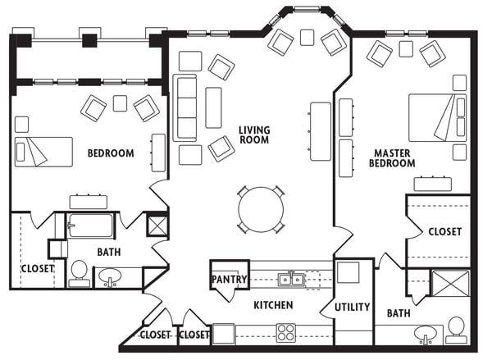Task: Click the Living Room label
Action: (254, 134)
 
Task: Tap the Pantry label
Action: (229, 279)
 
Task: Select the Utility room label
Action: (352, 307)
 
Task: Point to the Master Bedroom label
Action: (392, 158)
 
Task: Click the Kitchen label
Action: (273, 305)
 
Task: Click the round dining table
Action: (261, 210)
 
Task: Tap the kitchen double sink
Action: (291, 279)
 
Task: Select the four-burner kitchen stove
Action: (286, 333)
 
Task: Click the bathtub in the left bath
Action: (90, 226)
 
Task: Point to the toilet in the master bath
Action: (456, 330)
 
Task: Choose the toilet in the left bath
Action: (79, 273)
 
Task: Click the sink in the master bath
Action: (425, 334)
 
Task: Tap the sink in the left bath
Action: (110, 276)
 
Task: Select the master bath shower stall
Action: (450, 283)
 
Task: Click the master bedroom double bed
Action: (437, 117)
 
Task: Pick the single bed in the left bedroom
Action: (43, 152)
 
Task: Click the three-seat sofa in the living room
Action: (184, 107)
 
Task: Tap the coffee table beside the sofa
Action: (213, 107)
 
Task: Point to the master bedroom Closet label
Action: (445, 232)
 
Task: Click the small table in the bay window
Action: (307, 38)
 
